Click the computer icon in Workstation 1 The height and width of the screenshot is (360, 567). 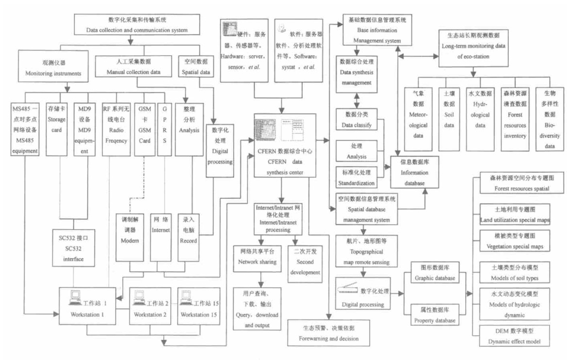[75, 297]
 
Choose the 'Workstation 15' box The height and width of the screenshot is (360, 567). [200, 308]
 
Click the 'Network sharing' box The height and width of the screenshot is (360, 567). [257, 257]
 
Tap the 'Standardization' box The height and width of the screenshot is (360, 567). [356, 178]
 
